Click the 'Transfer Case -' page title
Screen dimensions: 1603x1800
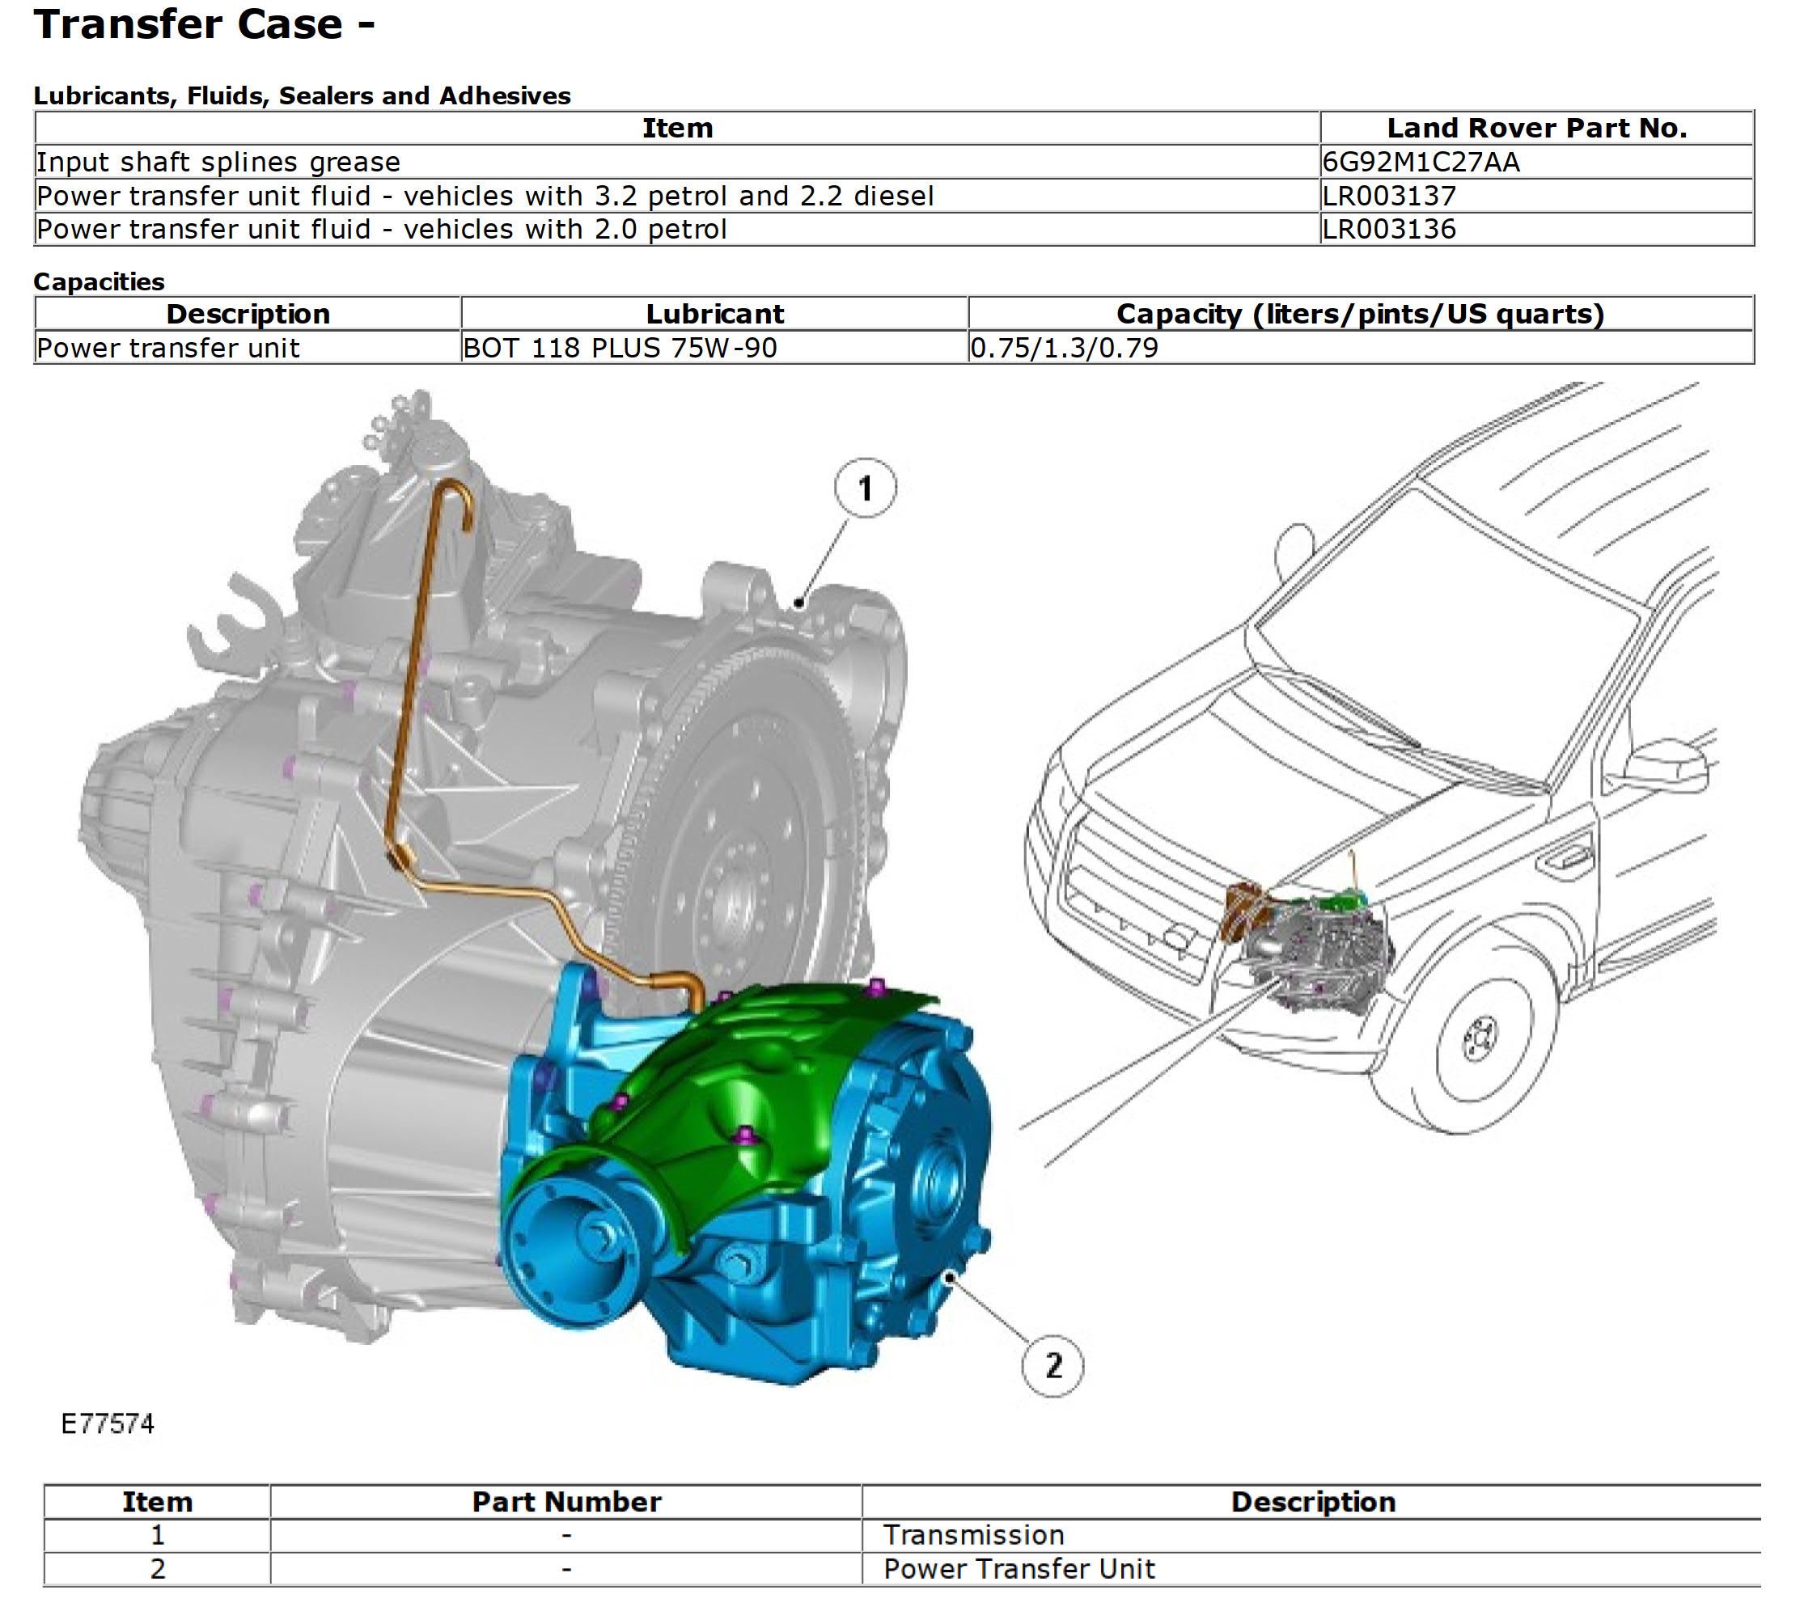205,24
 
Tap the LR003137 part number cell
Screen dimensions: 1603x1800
1388,196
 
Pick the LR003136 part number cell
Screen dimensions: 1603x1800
1388,229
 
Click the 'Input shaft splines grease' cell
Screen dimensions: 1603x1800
218,162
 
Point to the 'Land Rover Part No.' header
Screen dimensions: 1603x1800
1535,129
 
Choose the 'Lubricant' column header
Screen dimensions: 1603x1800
714,315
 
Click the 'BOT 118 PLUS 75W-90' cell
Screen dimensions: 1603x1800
620,348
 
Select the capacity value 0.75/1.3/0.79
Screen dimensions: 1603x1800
1065,348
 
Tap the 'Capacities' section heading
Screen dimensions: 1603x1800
99,281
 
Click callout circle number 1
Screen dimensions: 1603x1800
865,488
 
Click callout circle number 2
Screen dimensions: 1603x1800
1052,1365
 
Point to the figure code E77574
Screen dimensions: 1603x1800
108,1424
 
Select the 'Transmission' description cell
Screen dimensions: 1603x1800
973,1535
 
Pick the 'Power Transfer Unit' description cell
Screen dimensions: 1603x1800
1019,1569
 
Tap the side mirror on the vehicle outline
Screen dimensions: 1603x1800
1665,768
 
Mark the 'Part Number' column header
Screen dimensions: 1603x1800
566,1502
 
